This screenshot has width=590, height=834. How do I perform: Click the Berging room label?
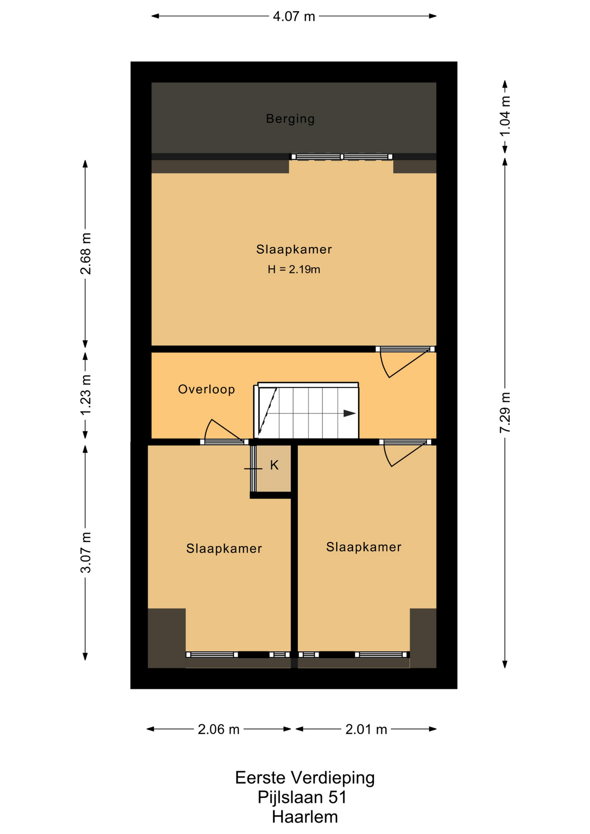coord(290,119)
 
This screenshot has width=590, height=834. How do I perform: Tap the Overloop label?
coord(206,389)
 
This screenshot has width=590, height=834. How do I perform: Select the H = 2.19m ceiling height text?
coord(294,270)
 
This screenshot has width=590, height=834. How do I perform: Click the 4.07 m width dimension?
coord(294,17)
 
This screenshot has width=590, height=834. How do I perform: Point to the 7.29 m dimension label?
coord(505,412)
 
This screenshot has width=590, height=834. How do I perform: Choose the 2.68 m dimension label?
coord(86,254)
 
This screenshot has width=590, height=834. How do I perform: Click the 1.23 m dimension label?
coord(86,394)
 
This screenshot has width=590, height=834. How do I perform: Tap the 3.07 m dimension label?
coord(86,553)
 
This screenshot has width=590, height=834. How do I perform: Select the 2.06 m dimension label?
coord(219,729)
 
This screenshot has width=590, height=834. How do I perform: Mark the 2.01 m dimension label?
coord(366,729)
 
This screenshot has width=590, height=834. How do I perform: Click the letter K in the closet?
coord(274,465)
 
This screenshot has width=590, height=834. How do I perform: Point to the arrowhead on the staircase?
coord(350,414)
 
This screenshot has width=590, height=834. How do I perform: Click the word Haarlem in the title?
coord(305,817)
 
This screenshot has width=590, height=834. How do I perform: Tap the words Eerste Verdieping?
coord(305,778)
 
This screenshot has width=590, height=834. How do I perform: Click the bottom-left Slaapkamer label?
coord(224,549)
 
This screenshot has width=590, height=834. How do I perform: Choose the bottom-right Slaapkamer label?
coord(364,547)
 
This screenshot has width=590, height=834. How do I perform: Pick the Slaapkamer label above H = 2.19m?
coord(294,249)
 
